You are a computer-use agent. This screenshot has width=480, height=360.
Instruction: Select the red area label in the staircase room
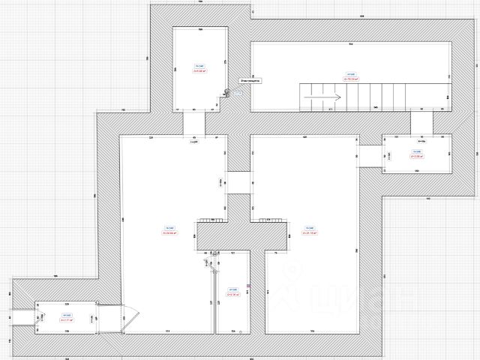coord(349,79)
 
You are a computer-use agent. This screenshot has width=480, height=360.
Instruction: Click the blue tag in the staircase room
coord(349,73)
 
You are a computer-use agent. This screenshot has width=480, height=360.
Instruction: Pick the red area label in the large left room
coord(169,233)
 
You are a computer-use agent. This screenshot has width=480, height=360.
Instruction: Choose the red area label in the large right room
coord(308,233)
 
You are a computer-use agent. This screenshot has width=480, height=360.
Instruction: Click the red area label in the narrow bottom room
coord(232,294)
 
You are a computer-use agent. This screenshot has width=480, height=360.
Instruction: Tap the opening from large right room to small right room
coord(370,154)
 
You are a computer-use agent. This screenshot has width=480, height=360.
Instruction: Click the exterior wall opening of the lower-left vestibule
coord(23,317)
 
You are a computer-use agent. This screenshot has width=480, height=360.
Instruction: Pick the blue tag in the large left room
coord(169,227)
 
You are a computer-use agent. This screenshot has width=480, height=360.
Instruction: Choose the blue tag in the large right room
coord(308,227)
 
